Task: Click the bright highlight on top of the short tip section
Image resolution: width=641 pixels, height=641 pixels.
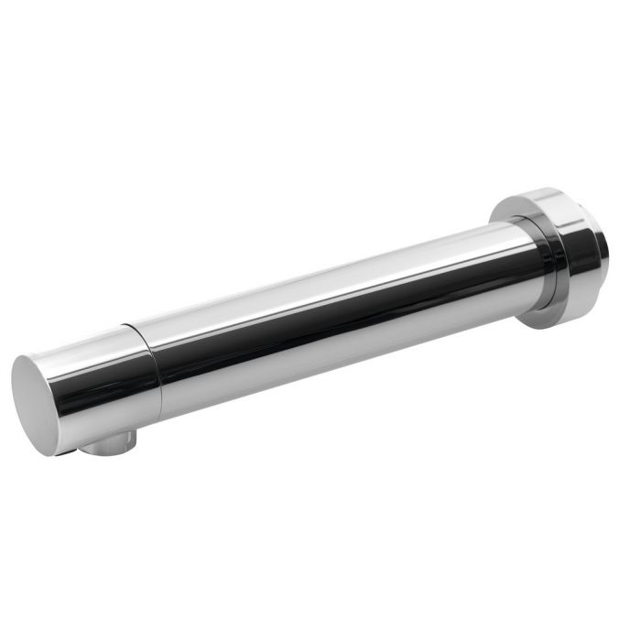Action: pos(87,343)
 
